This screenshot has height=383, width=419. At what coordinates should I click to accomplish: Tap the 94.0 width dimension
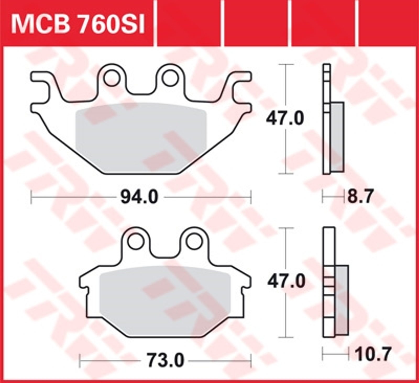pos(139,197)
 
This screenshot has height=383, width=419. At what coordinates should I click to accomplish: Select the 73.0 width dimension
pos(165,361)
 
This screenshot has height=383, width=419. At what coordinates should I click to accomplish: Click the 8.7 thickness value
pos(359,197)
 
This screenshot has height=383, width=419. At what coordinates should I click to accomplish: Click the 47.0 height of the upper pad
pos(285,119)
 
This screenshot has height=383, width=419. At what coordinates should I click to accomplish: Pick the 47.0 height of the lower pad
pos(286,282)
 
